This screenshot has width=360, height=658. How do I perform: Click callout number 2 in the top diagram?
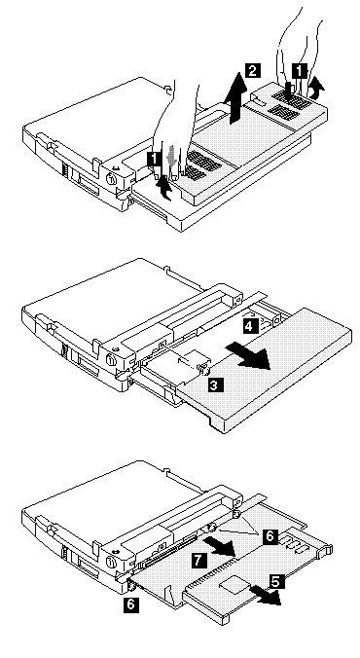(252, 70)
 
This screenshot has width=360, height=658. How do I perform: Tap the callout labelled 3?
(214, 384)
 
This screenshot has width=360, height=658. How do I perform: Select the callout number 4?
(249, 326)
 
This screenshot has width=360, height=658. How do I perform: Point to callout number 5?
(275, 582)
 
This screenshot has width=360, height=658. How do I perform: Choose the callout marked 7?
(198, 560)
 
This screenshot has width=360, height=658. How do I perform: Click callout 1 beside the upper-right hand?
(299, 71)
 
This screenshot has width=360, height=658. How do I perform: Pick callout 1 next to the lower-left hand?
(154, 159)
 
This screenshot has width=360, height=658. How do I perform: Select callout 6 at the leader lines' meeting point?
(270, 536)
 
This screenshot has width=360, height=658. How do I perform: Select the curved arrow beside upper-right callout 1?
(319, 89)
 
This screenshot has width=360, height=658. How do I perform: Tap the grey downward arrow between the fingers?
(171, 158)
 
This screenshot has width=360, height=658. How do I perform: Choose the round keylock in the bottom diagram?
(112, 562)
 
